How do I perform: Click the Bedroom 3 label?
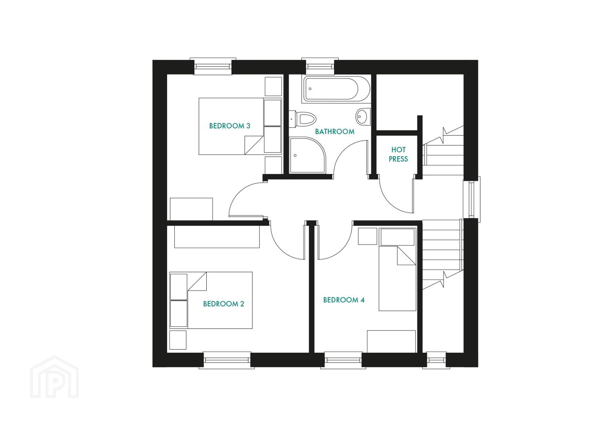pos(230,126)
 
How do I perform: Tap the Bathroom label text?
pos(335,132)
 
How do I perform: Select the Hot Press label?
pos(398,154)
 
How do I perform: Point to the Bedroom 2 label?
pos(223,304)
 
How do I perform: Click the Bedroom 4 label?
pos(344,300)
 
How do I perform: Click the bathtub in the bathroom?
pos(336,89)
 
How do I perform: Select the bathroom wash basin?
pos(363,117)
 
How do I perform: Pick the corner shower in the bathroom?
pos(307,155)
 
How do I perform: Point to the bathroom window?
pos(320,66)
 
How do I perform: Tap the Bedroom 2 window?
pos(227,360)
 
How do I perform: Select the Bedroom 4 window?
pos(343,360)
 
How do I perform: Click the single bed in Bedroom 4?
pos(398,269)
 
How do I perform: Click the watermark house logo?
pos(55,377)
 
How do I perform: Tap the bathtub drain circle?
pos(310,89)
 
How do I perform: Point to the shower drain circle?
pos(295,155)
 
